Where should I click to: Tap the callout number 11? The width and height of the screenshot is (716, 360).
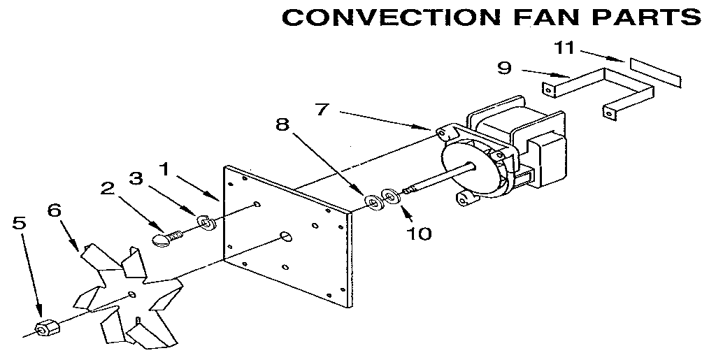coord(565,48)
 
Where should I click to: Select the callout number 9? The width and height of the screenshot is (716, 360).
coord(504,68)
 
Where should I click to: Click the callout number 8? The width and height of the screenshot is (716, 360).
coord(282,125)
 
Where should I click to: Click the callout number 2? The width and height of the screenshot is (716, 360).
coord(107,188)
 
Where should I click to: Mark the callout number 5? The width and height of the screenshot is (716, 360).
coord(20,224)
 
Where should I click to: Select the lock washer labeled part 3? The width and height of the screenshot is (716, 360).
coord(206,222)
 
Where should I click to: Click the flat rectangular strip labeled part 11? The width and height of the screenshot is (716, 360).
coord(655,71)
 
